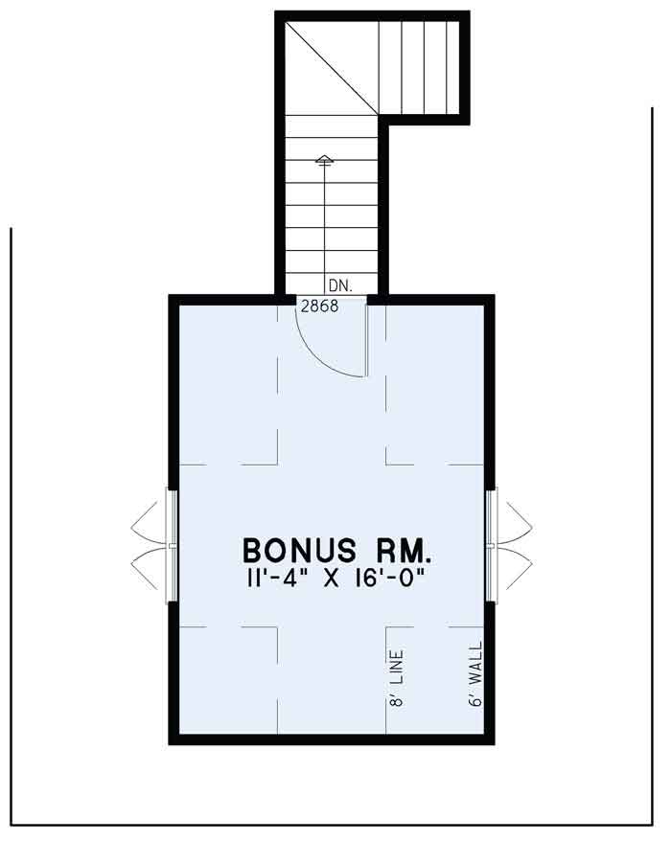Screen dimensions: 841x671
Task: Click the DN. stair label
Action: coord(339,285)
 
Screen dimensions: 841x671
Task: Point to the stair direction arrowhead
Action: coord(324,159)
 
